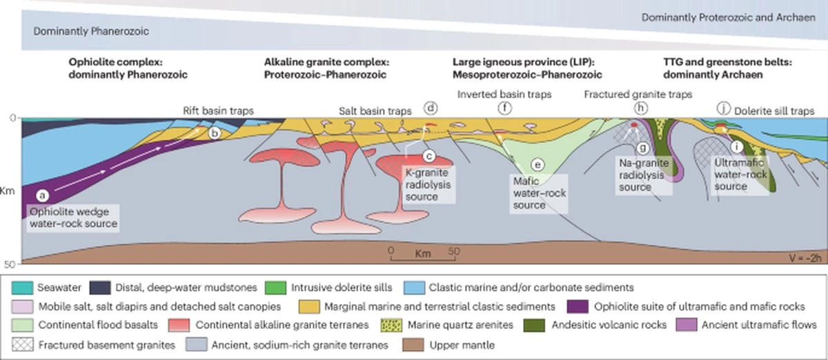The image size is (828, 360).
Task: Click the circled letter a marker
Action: point(43,196)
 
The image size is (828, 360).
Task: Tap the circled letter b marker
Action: point(215,133)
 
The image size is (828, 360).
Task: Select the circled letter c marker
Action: point(428,157)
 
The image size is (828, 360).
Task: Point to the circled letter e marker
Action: point(538,165)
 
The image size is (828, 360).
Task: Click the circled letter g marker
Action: point(643,148)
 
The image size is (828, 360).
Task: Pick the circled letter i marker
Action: point(737,147)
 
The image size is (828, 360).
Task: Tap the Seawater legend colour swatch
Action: point(22,288)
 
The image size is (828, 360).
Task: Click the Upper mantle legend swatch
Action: point(413,345)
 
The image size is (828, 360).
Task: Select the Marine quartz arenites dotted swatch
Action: point(391,326)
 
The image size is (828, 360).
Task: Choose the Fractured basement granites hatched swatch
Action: point(23,345)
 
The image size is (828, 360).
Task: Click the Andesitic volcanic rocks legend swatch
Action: point(535,326)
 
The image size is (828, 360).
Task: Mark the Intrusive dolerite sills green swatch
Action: point(276,288)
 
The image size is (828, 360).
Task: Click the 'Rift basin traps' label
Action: point(219,111)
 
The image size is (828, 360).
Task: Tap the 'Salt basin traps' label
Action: point(375,111)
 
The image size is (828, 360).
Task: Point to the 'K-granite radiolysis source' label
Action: point(428,184)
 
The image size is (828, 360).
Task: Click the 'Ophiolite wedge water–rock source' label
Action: point(73,218)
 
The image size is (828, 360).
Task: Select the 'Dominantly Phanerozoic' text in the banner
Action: point(91,31)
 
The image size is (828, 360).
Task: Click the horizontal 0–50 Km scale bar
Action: point(423,259)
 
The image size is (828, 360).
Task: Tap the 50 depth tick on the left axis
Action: point(10,264)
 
